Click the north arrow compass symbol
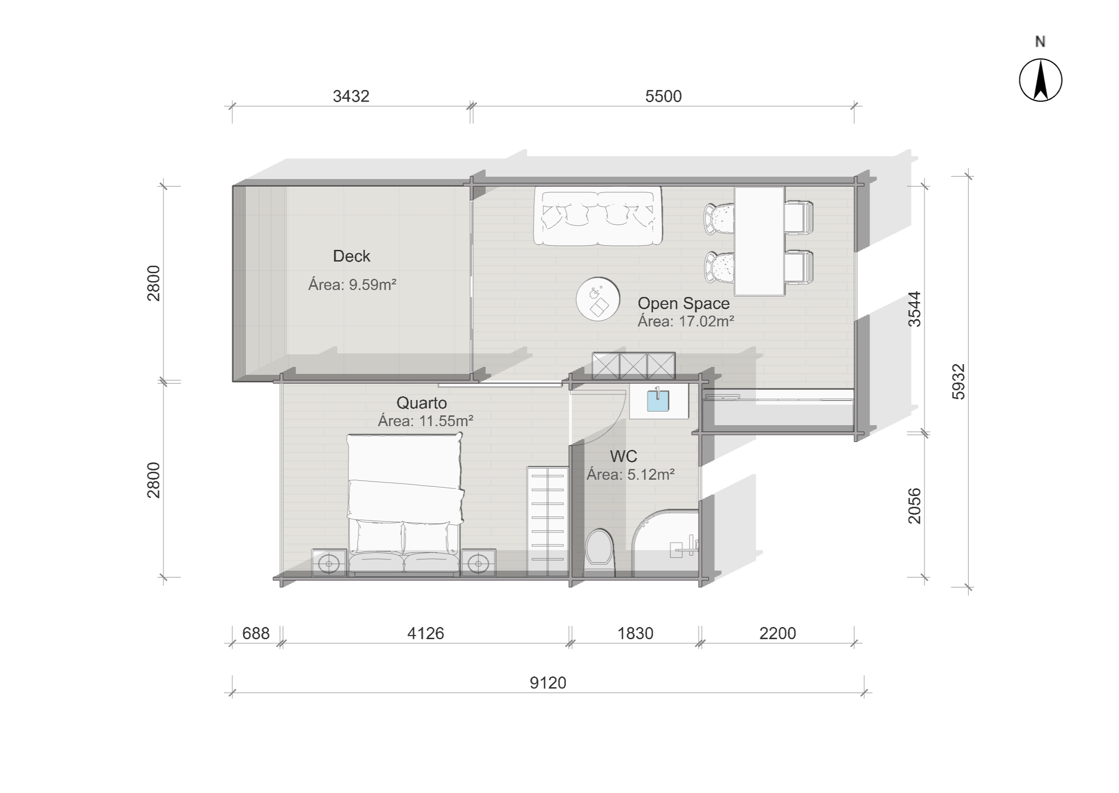tap(1040, 80)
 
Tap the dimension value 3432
tap(351, 96)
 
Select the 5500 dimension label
tap(663, 96)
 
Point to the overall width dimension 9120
tap(548, 683)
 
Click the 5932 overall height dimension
tap(959, 382)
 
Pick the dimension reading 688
tap(256, 633)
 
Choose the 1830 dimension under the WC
tap(635, 633)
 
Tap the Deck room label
tap(352, 256)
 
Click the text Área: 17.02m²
tap(686, 321)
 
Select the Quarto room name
tap(422, 403)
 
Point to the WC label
tap(623, 456)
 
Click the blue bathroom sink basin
tap(658, 400)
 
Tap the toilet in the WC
tap(600, 552)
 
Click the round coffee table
tap(598, 299)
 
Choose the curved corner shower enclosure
tap(665, 543)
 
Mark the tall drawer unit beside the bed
tap(547, 521)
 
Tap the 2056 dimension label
tap(914, 506)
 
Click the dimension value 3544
tap(914, 309)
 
